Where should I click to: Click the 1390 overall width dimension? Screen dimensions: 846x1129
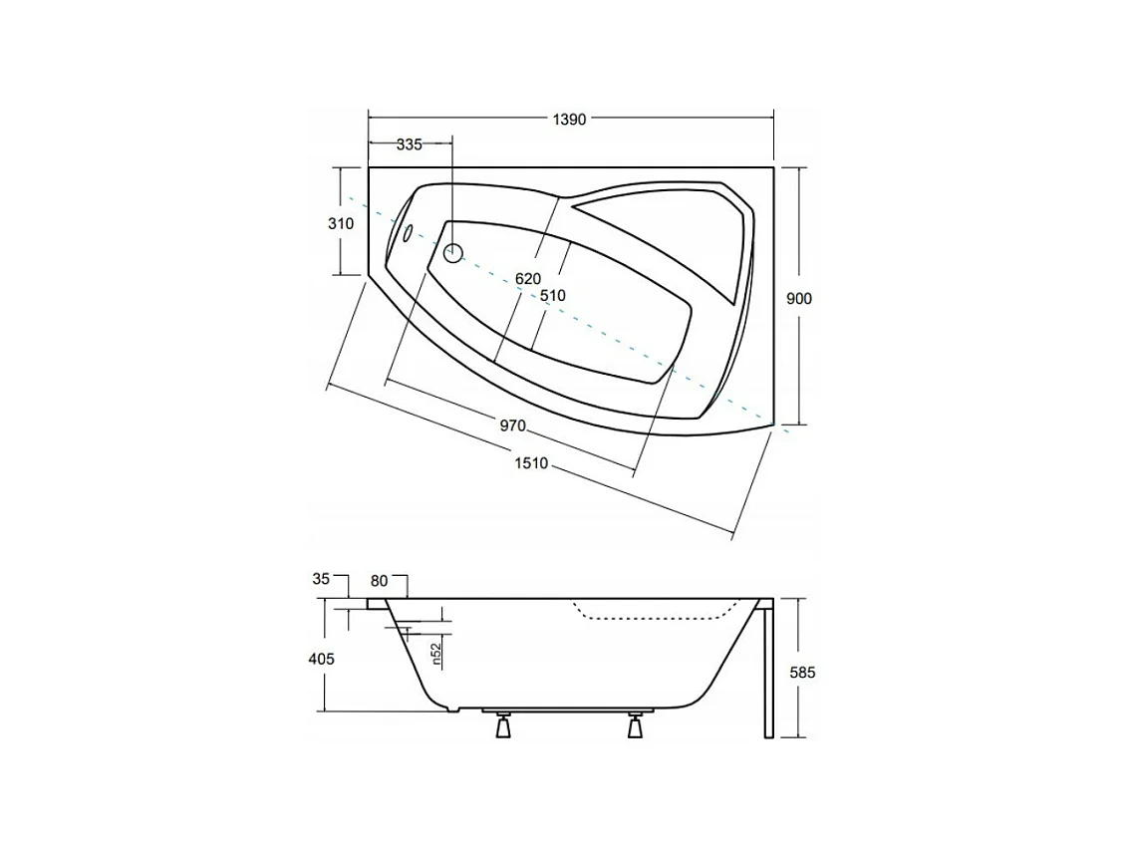[570, 119]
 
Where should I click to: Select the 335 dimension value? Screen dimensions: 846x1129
[410, 144]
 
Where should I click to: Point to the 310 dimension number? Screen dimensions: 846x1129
[340, 224]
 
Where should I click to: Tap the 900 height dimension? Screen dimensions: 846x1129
[799, 299]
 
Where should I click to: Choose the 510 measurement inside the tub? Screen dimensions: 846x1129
[552, 295]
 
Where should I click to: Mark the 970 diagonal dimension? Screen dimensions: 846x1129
[511, 425]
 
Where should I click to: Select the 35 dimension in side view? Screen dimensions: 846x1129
[320, 578]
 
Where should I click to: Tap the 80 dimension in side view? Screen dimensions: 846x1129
[379, 579]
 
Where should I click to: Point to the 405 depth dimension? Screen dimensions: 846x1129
[321, 659]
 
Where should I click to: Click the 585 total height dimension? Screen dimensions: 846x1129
[802, 673]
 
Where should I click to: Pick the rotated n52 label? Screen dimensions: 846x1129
[436, 654]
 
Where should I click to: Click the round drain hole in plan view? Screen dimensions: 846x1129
[453, 252]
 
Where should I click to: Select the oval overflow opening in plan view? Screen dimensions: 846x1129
[407, 235]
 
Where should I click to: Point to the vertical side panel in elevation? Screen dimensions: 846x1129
[767, 673]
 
